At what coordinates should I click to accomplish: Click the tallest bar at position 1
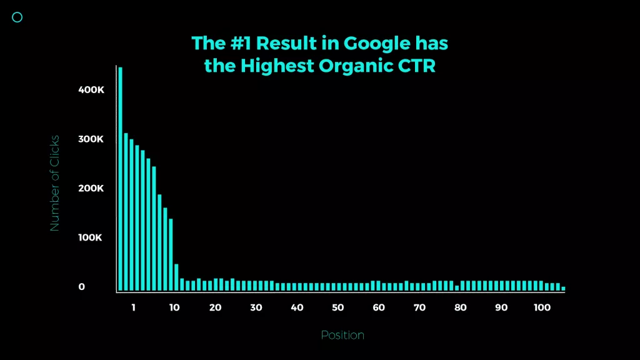(x=121, y=179)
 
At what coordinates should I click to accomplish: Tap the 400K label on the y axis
(x=91, y=90)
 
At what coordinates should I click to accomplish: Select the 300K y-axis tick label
(x=91, y=139)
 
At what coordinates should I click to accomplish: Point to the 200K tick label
(x=91, y=189)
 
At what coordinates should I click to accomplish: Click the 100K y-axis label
(x=90, y=237)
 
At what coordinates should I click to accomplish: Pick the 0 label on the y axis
(x=82, y=287)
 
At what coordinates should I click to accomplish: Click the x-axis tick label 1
(x=134, y=307)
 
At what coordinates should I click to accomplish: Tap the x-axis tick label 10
(x=174, y=307)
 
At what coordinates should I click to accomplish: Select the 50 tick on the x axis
(x=337, y=307)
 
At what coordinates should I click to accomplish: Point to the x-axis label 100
(x=542, y=307)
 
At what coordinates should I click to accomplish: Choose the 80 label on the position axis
(x=461, y=307)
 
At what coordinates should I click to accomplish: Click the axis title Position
(x=342, y=335)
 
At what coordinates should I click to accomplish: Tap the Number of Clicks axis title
(x=54, y=183)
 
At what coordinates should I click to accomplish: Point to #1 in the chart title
(x=241, y=43)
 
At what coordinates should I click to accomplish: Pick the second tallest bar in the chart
(x=126, y=212)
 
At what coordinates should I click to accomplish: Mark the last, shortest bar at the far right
(x=563, y=289)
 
